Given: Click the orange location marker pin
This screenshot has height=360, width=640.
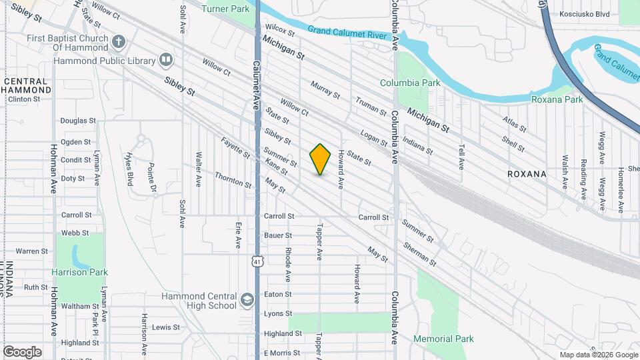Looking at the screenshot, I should [321, 159].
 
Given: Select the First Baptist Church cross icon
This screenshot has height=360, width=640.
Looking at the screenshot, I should [119, 42].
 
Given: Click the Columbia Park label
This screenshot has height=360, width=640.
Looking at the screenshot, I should [410, 83].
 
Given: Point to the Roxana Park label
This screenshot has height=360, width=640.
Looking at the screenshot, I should [557, 99].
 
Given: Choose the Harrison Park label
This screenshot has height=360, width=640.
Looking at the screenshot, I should [79, 272].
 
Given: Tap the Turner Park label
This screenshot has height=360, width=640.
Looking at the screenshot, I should [225, 9].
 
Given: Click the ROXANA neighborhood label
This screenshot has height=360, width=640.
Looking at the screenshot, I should [527, 174].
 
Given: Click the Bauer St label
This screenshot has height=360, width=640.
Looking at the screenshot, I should [278, 235].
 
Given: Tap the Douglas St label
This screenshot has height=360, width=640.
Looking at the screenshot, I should [78, 121].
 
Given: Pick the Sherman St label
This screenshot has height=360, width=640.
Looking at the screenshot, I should [420, 253].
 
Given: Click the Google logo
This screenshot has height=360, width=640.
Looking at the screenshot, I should [22, 351].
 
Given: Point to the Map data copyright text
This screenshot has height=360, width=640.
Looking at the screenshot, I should [598, 355].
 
